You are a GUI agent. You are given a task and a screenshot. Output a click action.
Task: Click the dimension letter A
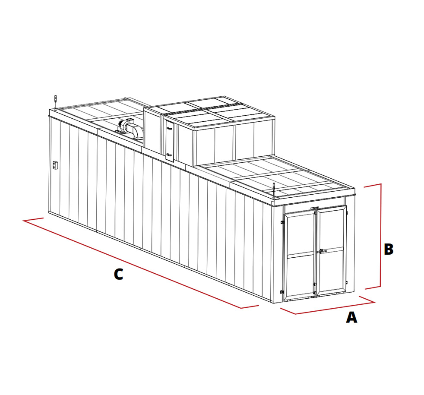point(351,317)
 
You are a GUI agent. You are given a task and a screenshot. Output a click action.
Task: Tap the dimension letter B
point(389,249)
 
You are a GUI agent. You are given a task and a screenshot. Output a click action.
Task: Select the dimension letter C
point(118,274)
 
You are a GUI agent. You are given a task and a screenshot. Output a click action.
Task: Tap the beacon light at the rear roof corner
point(55,102)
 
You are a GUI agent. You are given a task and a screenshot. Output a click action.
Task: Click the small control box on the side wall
point(55,164)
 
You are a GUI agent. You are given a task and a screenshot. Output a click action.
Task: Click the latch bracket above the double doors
point(314,208)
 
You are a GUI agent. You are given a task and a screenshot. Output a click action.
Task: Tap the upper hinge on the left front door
point(282,222)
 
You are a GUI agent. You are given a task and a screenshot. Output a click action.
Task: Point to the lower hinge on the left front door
point(282,292)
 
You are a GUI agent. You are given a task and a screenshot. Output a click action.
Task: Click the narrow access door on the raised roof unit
point(170,142)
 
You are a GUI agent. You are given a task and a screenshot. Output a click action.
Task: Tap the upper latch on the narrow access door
point(170,128)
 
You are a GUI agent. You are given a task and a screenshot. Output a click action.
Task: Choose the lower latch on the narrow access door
point(169,155)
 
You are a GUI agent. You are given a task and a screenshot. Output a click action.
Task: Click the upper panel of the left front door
point(300,234)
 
